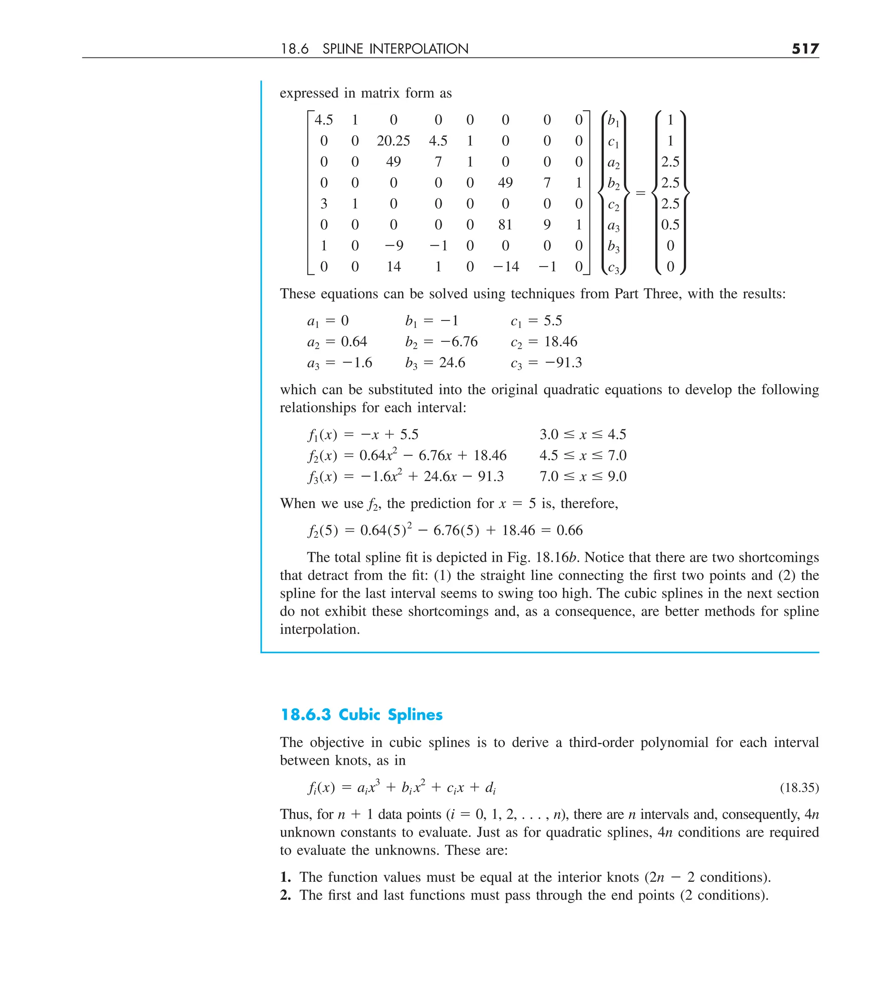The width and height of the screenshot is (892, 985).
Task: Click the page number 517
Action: pos(805,49)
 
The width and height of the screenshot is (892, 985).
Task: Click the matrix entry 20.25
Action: pos(393,141)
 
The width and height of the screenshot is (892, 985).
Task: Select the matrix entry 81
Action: pos(505,225)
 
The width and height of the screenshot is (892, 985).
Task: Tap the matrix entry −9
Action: pos(393,245)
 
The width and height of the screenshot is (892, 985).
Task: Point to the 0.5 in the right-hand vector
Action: pos(670,225)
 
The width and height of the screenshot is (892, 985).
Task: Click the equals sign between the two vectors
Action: pos(640,193)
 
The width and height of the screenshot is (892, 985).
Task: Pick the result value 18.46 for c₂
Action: pos(561,341)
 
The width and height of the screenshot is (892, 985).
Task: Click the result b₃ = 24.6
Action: pos(435,363)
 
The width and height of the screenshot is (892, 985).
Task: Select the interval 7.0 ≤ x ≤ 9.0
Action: pos(583,476)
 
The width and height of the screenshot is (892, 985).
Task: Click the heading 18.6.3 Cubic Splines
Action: pos(361,715)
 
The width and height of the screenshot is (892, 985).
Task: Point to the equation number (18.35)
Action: pos(799,788)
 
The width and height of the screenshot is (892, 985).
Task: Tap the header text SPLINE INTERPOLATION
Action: pos(395,49)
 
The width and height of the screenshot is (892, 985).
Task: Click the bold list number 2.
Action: pos(285,895)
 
